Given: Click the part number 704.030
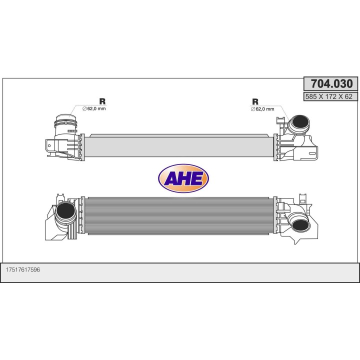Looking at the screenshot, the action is tap(332, 83).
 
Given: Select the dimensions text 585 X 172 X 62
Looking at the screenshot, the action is tap(329, 96).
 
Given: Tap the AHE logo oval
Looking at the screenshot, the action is tap(183, 178).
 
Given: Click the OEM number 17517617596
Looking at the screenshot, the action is tap(22, 269).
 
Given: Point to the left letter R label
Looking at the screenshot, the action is tap(102, 101).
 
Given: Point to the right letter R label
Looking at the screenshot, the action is tap(255, 101).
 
